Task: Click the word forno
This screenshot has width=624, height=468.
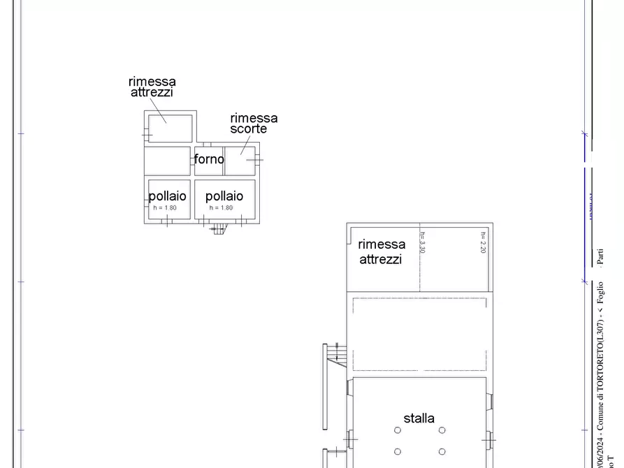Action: coord(209,159)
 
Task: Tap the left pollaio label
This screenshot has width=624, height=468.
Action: coord(168,196)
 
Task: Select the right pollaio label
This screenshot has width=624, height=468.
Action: coord(224,196)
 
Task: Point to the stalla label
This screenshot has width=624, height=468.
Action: coord(419,418)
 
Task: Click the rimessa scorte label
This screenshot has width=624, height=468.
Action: coord(254,124)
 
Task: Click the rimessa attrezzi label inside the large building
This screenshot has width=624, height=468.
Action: coord(382,251)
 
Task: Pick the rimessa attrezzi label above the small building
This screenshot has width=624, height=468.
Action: coord(152,87)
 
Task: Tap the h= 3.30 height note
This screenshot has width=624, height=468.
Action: coord(423,242)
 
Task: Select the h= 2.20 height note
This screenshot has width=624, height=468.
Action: coord(483,242)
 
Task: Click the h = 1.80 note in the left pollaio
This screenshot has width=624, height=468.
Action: coord(165,208)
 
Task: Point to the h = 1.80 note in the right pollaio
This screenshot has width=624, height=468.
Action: coord(221,208)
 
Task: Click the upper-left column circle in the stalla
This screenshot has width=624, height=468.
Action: coord(398,430)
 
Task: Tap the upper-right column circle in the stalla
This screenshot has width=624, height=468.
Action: coord(442,430)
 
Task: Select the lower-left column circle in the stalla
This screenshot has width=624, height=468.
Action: coord(398,451)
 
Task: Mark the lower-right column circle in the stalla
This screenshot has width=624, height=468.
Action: coord(442,451)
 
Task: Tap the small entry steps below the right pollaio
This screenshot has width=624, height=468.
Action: coord(219,228)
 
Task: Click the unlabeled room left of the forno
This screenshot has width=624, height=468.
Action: coord(168,161)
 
